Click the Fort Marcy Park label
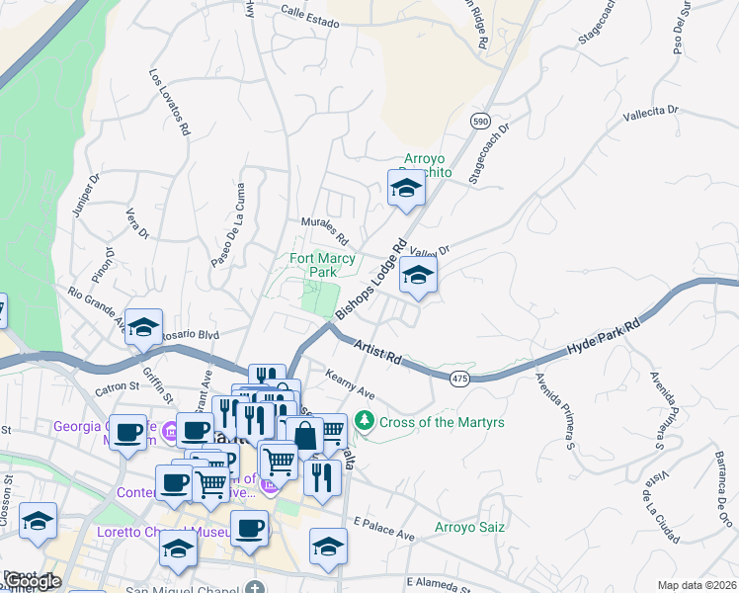click(x=322, y=265)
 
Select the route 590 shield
click(x=480, y=121)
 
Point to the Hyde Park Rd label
click(x=605, y=338)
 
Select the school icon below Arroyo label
click(x=405, y=189)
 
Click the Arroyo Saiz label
click(x=470, y=527)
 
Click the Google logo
click(x=33, y=581)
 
